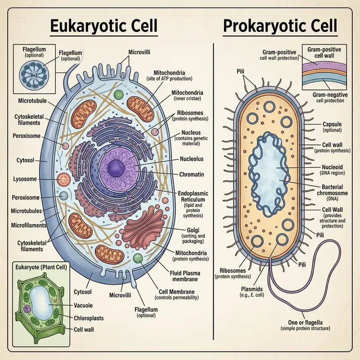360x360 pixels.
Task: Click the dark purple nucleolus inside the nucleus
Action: pyautogui.click(x=116, y=167)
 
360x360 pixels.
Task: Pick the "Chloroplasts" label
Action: pyautogui.click(x=88, y=318)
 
